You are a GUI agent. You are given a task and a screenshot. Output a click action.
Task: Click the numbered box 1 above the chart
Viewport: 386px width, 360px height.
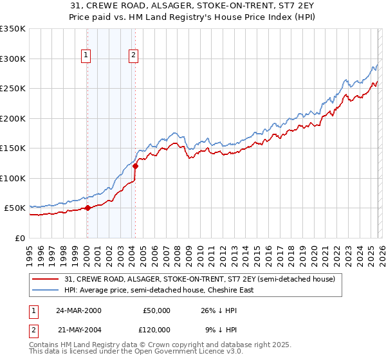coord(87,56)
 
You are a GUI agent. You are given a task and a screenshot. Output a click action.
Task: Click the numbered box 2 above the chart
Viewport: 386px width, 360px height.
coord(134,56)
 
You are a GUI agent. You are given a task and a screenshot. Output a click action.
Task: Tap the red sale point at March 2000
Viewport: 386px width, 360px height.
coord(87,208)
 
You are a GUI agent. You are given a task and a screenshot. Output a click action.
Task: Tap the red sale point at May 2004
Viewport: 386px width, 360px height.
coord(135,166)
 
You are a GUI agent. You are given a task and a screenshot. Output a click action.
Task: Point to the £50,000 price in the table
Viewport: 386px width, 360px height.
coord(156,310)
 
